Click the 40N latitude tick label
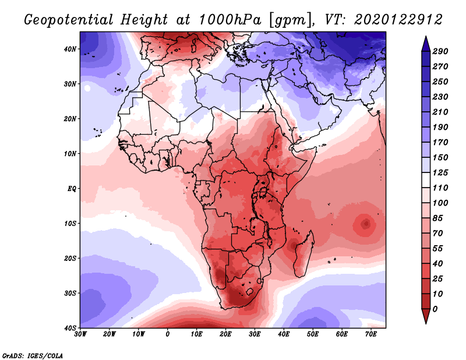point(69,49)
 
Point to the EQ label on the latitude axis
point(71,189)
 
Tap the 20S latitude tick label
point(69,258)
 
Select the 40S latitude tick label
point(69,328)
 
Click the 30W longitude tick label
point(80,334)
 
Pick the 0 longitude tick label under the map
point(168,334)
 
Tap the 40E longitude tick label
point(284,334)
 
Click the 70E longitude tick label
point(371,334)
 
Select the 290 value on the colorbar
point(440,52)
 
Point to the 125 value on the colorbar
point(440,172)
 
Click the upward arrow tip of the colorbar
point(425,38)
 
